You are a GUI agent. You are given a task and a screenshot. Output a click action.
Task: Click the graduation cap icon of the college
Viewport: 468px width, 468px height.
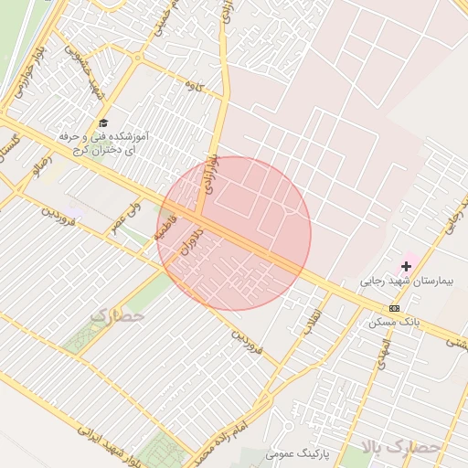point(102,122)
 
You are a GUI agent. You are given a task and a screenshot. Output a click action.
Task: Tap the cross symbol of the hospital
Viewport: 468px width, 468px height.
point(407,266)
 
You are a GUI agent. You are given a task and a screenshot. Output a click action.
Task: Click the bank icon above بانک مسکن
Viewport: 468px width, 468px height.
point(394,308)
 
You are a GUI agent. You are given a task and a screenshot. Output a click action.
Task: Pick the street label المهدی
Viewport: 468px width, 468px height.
point(383,347)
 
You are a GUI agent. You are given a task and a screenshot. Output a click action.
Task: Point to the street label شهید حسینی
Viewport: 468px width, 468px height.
point(82,74)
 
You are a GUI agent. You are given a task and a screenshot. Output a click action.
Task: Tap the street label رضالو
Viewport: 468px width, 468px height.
point(43,167)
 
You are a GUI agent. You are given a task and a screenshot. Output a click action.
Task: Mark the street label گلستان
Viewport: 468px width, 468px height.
point(12,147)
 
